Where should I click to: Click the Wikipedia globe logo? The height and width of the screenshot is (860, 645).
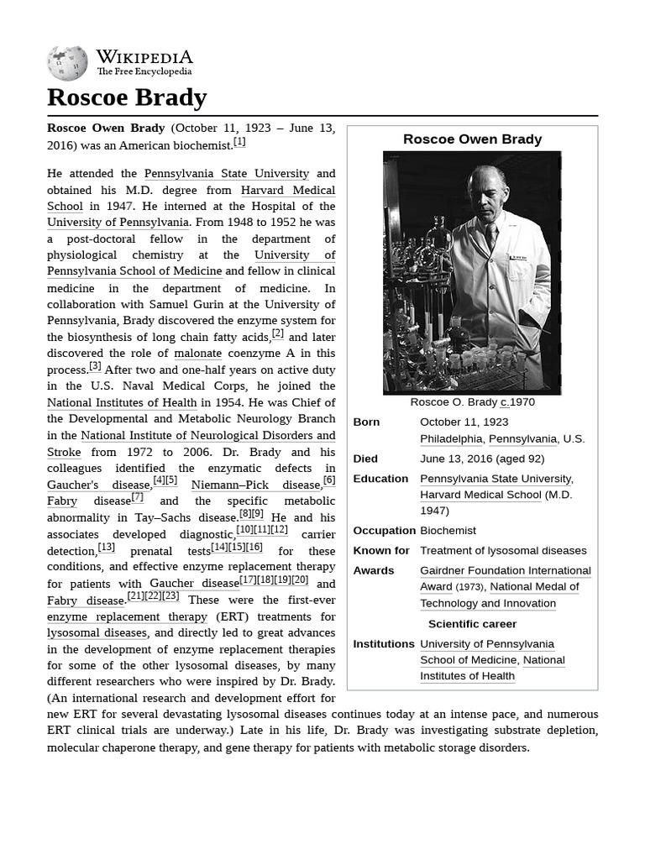67,63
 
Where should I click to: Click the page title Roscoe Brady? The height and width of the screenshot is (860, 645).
127,97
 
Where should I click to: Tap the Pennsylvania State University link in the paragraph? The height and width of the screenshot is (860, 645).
227,174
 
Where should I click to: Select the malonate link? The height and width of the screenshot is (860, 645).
197,354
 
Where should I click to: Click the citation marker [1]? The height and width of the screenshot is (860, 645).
240,142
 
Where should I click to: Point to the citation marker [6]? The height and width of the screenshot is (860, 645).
329,480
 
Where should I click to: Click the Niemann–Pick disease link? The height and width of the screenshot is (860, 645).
255,485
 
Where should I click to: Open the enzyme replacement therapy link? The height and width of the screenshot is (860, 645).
127,616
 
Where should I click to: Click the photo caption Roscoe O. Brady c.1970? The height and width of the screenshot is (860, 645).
472,402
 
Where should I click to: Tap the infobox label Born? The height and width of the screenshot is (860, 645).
366,422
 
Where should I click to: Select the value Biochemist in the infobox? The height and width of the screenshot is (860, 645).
448,531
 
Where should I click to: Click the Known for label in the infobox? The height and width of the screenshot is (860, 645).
380,551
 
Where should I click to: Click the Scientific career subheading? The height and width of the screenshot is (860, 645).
472,624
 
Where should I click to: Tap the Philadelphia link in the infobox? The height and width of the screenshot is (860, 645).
451,438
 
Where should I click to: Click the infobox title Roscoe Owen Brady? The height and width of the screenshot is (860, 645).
472,139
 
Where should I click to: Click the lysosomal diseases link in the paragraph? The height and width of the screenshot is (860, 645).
97,632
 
